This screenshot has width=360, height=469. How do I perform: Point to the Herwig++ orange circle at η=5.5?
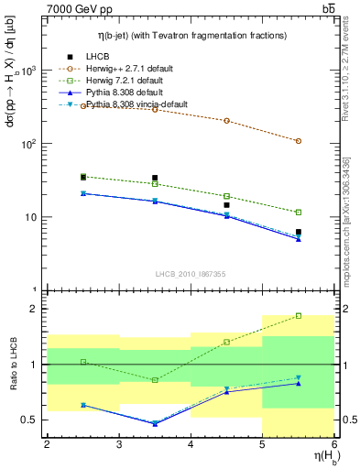pyautogui.click(x=299, y=141)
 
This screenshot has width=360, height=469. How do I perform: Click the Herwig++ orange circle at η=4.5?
pyautogui.click(x=226, y=121)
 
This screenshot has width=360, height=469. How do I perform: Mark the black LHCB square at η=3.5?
pyautogui.click(x=155, y=178)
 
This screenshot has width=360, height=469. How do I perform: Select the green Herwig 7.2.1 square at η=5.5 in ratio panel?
pyautogui.click(x=299, y=316)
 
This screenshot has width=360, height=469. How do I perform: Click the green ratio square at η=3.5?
pyautogui.click(x=155, y=379)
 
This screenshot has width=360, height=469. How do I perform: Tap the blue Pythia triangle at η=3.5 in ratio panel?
pyautogui.click(x=155, y=423)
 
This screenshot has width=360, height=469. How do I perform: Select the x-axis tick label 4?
pyautogui.click(x=191, y=445)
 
